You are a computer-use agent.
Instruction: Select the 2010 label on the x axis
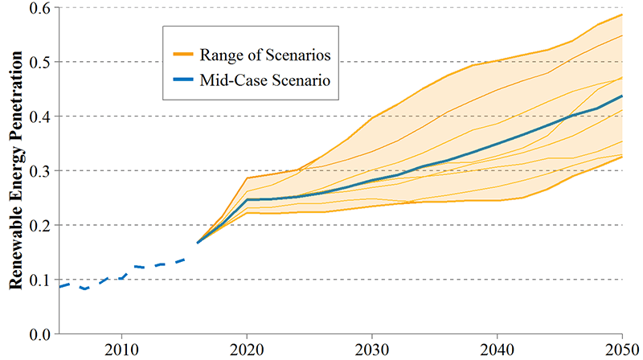[121, 350]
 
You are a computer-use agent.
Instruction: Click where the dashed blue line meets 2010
[121, 278]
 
